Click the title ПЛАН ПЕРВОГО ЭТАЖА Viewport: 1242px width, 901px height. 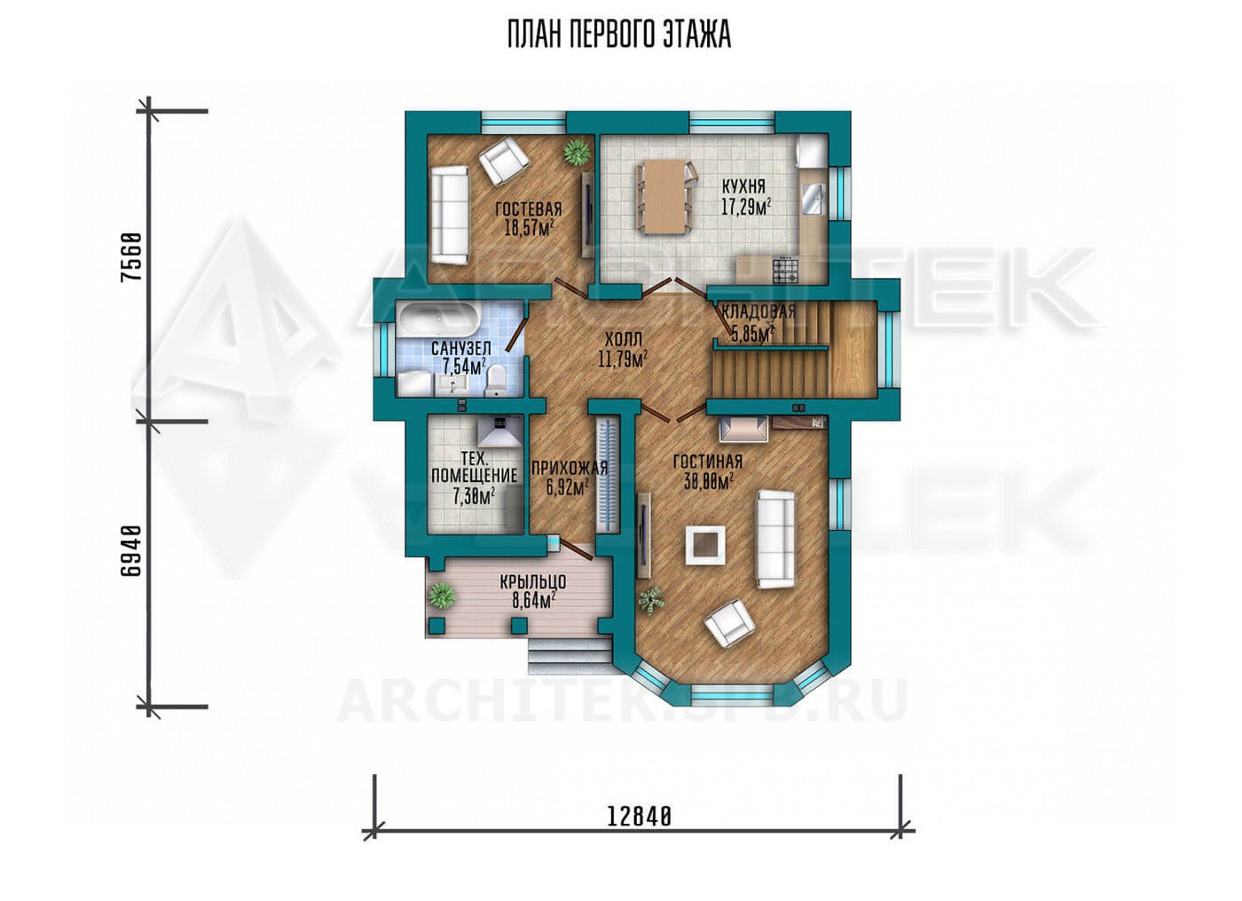coord(619,35)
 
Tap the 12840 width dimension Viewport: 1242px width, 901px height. coord(640,817)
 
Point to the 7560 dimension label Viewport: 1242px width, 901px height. coord(132,257)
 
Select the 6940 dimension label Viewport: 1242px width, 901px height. coord(132,551)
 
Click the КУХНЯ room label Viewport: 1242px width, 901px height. coord(744,186)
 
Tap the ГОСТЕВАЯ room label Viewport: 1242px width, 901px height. coord(529,209)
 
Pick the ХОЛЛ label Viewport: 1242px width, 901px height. coord(623,338)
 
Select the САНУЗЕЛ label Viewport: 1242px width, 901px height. coord(460,348)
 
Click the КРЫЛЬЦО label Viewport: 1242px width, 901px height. coord(533,582)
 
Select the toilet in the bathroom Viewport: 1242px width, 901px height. coord(495,381)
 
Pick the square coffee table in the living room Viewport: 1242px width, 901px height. coord(704,545)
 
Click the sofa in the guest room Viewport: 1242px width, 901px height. coord(450,214)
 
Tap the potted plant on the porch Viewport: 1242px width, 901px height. coord(442,597)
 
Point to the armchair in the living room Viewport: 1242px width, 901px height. coord(729,623)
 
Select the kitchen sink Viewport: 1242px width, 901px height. coord(812,200)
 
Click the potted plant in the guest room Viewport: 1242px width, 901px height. coord(576,151)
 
